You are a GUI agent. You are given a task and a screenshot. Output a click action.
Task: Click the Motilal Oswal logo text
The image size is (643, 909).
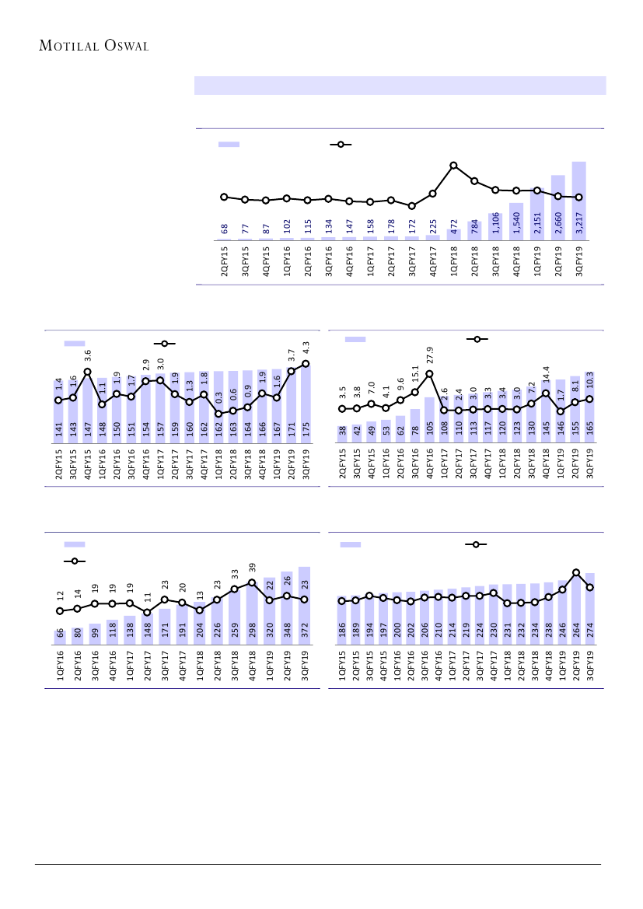tap(93, 45)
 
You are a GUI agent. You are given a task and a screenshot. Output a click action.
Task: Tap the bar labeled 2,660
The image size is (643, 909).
tap(557, 208)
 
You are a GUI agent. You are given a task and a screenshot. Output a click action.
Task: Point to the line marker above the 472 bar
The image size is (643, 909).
tap(453, 165)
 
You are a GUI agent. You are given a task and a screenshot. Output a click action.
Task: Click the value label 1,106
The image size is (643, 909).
tap(495, 225)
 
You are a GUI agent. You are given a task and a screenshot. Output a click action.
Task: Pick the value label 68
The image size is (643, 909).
tap(225, 229)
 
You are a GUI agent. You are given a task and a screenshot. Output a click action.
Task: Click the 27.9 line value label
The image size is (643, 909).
tap(430, 355)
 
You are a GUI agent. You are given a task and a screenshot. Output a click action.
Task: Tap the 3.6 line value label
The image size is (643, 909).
tap(88, 355)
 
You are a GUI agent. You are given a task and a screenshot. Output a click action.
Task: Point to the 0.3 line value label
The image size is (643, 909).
tap(218, 398)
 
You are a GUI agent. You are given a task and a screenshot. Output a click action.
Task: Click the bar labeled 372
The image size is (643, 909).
tap(304, 606)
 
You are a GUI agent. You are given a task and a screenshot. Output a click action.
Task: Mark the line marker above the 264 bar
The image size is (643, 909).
tap(576, 572)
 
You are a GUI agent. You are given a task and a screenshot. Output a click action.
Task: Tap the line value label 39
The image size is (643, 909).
tap(252, 568)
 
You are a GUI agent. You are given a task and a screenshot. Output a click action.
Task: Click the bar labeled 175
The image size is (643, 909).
tap(306, 404)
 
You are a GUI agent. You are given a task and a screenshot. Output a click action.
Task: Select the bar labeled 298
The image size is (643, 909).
tap(252, 614)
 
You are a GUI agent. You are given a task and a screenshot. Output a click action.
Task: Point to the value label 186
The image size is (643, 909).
tap(343, 631)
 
